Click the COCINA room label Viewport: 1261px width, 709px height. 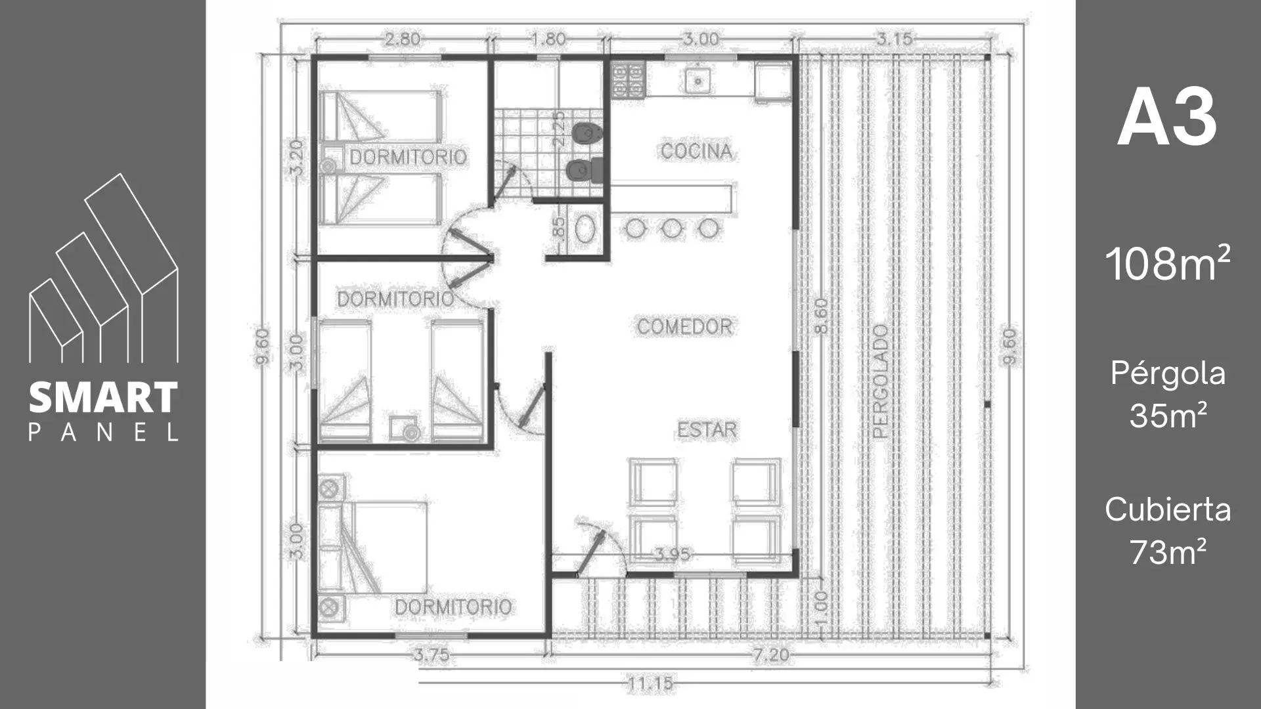tap(696, 152)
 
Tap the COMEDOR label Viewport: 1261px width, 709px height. tap(684, 327)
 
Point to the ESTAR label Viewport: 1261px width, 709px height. tap(707, 430)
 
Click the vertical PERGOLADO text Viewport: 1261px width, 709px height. tap(881, 381)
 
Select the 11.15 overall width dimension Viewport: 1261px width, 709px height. tap(650, 684)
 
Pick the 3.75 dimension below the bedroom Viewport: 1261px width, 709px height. tap(431, 655)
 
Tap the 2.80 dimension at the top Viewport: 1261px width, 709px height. tap(402, 39)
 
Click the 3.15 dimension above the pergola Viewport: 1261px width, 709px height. tap(895, 39)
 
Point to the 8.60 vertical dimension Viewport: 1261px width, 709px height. tap(821, 316)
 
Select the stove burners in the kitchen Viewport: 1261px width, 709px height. tap(628, 80)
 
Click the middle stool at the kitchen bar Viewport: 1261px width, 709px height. tap(671, 229)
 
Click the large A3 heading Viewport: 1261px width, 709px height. tap(1167, 119)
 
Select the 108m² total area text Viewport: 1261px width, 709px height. tap(1168, 263)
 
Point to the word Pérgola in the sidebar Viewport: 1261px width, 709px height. tap(1168, 374)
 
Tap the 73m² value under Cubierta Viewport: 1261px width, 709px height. tap(1168, 552)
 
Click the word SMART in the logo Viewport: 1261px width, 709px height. tap(104, 398)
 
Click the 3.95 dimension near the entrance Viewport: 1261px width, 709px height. tap(673, 555)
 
